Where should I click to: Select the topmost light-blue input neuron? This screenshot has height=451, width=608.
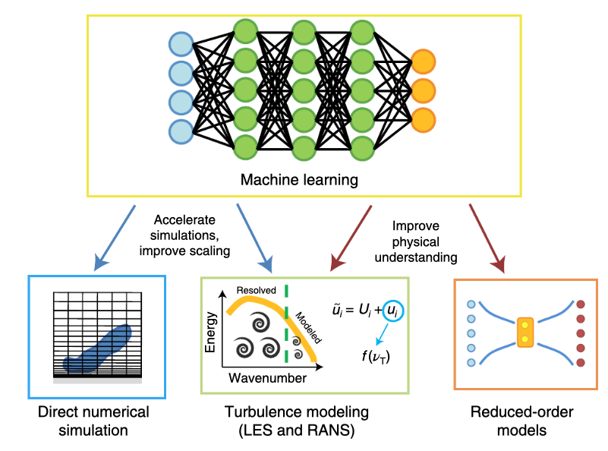coord(181,43)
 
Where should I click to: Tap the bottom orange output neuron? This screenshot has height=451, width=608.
coord(423,118)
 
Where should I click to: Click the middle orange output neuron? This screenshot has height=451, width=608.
coord(423,89)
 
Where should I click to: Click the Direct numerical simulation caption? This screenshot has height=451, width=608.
coord(93,421)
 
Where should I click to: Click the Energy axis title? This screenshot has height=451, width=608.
coord(212,333)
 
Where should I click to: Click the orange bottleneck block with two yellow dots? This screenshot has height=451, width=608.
coord(525,333)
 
